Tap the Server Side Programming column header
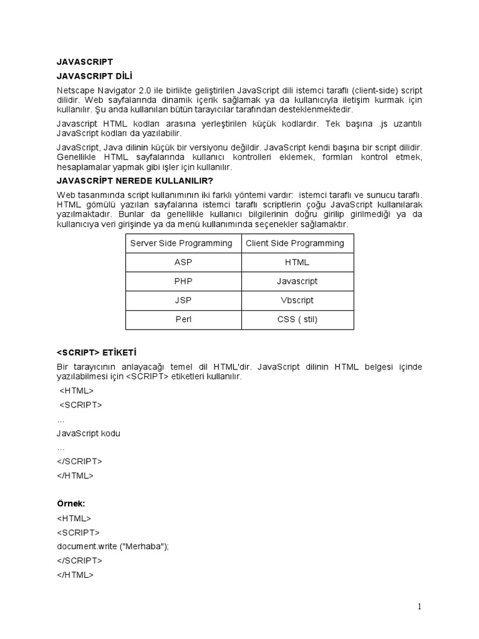point(181,243)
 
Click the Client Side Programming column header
point(295,243)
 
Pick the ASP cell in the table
point(183,263)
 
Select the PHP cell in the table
point(183,281)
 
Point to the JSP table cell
point(183,300)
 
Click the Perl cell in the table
point(183,319)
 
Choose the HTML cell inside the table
point(297,263)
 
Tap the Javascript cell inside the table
point(297,281)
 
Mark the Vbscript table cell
point(297,300)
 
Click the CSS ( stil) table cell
point(297,319)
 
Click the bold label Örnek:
point(70,503)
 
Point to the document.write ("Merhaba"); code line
point(113,546)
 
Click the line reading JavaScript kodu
point(88,434)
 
